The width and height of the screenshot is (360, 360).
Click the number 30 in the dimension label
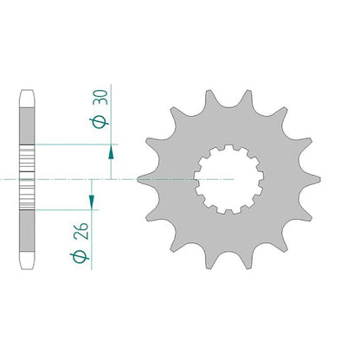[102, 97]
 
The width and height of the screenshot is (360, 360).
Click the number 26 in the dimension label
[81, 231]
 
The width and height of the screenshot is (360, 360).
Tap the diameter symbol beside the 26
[80, 257]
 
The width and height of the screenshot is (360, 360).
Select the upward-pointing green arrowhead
[111, 151]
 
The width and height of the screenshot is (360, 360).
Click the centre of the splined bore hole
[228, 180]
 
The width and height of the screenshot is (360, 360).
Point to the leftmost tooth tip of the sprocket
[138, 180]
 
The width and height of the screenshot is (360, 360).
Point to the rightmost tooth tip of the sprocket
[319, 180]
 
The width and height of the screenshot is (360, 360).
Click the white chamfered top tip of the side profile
[27, 99]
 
